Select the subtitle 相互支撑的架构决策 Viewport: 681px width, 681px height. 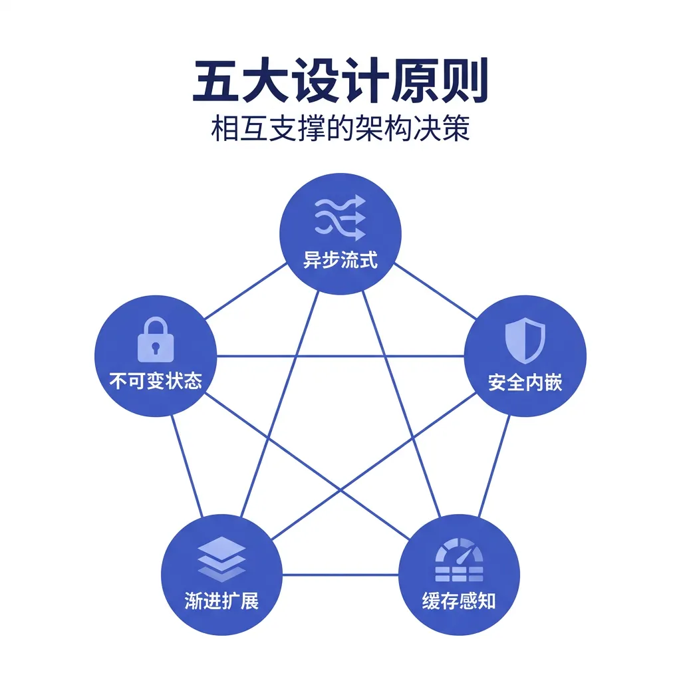coord(340,128)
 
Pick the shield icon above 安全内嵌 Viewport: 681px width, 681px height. coord(525,340)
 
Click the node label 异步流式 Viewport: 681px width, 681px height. coord(340,259)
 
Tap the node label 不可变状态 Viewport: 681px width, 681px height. coord(156,381)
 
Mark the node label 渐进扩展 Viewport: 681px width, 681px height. coord(221,601)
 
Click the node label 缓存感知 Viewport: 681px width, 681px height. coord(458,601)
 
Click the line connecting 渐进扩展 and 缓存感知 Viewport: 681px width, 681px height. coord(340,575)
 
